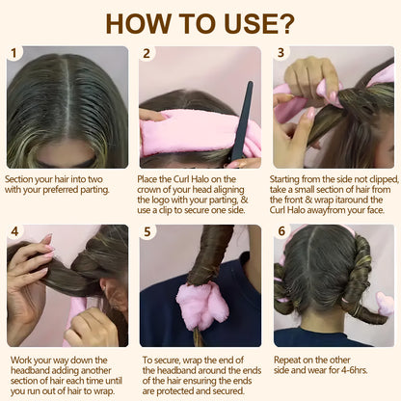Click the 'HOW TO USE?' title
coord(200,21)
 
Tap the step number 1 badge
coord(13,54)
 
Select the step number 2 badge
coord(147,54)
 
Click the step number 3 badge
coord(281,54)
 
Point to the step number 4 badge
coord(13,232)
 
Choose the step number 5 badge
coord(147,232)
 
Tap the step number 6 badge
coord(281,232)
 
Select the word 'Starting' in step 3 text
coord(291,179)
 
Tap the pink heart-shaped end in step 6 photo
coord(384,305)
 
